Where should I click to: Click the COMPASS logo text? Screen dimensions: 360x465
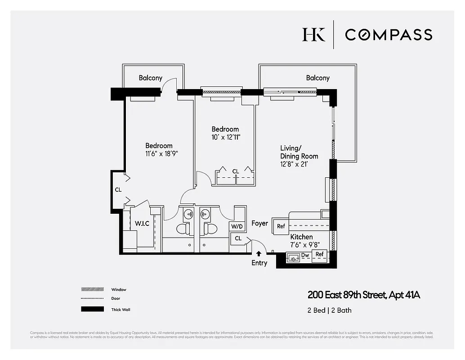(389, 35)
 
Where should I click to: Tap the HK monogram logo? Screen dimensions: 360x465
(313, 35)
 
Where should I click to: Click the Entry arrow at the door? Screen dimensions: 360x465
(259, 254)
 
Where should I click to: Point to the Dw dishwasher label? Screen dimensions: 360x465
(305, 255)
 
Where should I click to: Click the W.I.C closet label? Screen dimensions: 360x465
(143, 224)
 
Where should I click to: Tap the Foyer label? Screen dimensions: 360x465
(259, 223)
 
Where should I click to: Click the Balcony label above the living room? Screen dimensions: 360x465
(317, 78)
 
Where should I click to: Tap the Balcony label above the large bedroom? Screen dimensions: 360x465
(150, 78)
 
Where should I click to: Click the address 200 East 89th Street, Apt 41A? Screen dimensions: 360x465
(364, 295)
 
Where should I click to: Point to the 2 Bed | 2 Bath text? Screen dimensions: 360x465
(330, 310)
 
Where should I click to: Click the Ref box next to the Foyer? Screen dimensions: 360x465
(281, 226)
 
